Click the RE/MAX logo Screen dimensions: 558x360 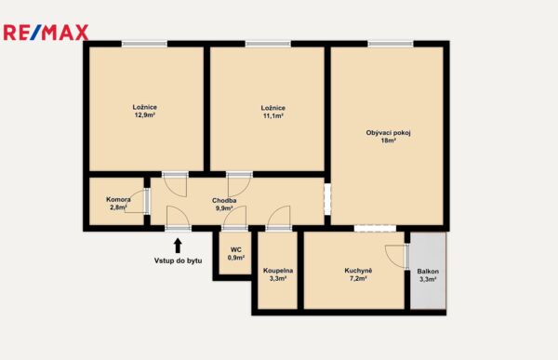tap(46, 33)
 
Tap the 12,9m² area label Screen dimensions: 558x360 tap(144, 115)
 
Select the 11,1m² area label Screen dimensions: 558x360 tap(272, 115)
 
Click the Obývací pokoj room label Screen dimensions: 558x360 tap(388, 133)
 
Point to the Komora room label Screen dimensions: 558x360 tap(118, 199)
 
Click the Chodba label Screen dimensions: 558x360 tap(224, 201)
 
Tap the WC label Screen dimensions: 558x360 tap(236, 249)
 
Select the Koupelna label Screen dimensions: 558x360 tap(278, 271)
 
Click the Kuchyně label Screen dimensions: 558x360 tap(358, 271)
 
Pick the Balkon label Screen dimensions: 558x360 tap(428, 272)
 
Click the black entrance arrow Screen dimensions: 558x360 tap(178, 246)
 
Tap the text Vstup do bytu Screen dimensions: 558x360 tap(178, 260)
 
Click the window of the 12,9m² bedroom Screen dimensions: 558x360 tap(144, 44)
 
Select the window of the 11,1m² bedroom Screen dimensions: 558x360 tap(268, 44)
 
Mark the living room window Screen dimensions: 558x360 tap(391, 44)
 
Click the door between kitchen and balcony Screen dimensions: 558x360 tap(397, 256)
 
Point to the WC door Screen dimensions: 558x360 tap(234, 219)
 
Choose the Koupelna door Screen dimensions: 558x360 tap(279, 219)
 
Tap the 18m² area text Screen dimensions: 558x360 tap(389, 140)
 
